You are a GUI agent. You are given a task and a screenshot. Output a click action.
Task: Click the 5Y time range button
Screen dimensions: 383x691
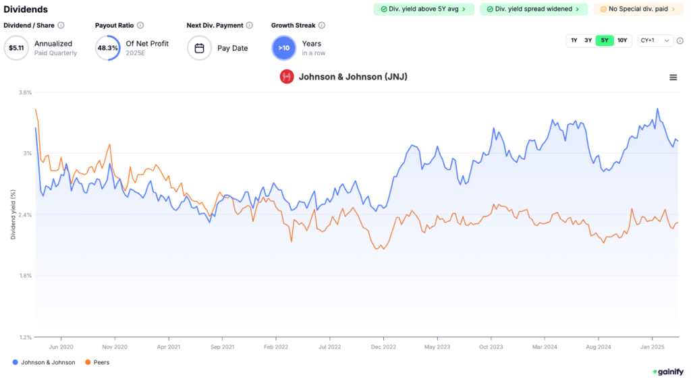click(605, 40)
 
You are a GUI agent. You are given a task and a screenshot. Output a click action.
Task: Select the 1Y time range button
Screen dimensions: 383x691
click(574, 40)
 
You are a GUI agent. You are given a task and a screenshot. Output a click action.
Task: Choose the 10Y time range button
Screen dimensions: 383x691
click(622, 40)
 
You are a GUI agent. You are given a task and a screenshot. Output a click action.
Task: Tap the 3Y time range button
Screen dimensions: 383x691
click(588, 40)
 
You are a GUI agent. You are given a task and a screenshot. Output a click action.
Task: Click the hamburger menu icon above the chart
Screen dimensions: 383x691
click(673, 78)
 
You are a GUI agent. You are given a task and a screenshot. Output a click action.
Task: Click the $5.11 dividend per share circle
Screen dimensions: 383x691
click(16, 48)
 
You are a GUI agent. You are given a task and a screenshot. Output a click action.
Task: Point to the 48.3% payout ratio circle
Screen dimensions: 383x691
click(108, 48)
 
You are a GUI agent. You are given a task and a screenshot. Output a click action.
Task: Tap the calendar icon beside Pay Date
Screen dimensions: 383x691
click(200, 48)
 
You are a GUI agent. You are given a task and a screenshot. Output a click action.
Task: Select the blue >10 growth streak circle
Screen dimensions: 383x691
click(284, 48)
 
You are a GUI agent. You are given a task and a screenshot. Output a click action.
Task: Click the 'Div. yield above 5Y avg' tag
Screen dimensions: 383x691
click(424, 9)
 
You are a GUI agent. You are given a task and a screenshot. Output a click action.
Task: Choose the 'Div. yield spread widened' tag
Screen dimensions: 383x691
click(534, 9)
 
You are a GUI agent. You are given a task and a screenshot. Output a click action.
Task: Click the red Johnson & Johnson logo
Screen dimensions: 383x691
click(287, 77)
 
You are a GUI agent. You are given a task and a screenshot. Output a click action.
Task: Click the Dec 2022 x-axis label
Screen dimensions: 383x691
click(383, 347)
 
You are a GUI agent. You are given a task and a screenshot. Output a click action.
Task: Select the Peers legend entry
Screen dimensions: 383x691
click(97, 362)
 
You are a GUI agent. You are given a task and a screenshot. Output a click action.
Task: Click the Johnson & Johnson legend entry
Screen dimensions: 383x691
click(45, 362)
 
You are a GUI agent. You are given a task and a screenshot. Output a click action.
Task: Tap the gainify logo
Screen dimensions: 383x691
click(667, 372)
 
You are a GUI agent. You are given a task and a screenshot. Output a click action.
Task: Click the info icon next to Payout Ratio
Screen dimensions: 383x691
click(140, 25)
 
